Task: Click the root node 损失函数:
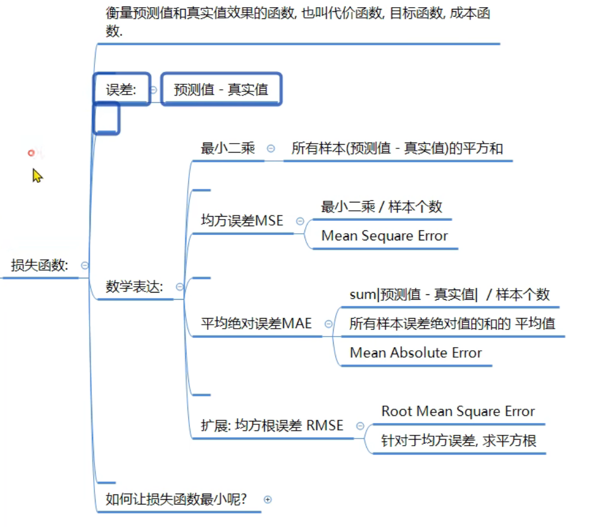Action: point(39,265)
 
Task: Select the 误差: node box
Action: point(122,90)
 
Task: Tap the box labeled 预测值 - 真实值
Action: point(221,90)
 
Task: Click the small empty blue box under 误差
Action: point(107,118)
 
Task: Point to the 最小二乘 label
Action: point(228,148)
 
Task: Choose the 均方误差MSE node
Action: point(242,221)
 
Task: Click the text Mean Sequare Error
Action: point(384,236)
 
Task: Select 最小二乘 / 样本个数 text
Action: point(381,207)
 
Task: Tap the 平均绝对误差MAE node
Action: point(256,324)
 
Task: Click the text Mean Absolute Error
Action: point(416,353)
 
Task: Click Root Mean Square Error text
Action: point(458,411)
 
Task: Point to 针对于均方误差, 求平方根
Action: point(459,441)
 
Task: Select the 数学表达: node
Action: point(134,287)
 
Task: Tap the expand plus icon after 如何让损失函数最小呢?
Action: point(267,500)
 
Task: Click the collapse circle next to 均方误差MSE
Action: point(300,221)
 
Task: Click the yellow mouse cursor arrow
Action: point(37,176)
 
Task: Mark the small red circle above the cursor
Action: point(31,153)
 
